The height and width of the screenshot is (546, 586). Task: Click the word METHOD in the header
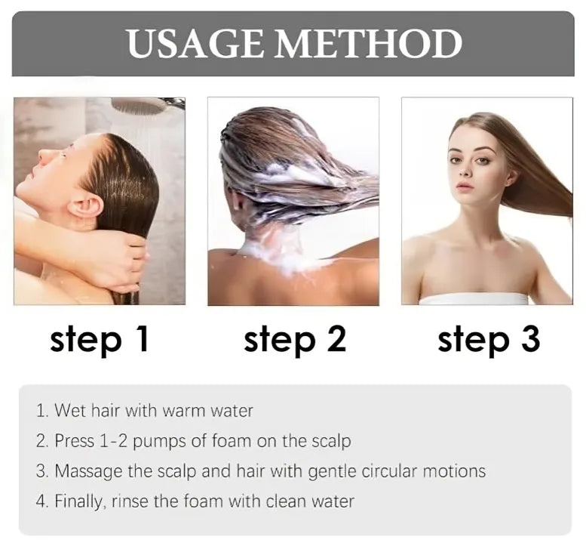[370, 43]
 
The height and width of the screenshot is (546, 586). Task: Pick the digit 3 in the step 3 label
[529, 339]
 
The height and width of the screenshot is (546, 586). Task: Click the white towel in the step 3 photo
[473, 299]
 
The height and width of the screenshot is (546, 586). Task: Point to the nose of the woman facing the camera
[465, 169]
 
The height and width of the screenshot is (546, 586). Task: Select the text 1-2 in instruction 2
[114, 441]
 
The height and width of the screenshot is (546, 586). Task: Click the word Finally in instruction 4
[78, 501]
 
